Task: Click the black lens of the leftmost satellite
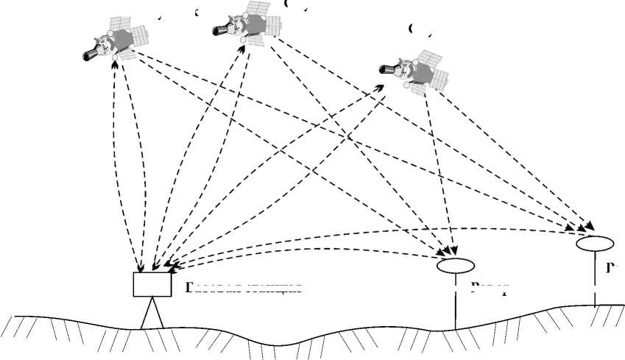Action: pyautogui.click(x=90, y=54)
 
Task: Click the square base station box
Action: pyautogui.click(x=152, y=283)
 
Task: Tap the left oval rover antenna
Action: pyautogui.click(x=455, y=266)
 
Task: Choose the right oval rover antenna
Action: pyautogui.click(x=594, y=243)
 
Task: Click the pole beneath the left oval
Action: pyautogui.click(x=456, y=302)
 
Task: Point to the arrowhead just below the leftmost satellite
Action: pyautogui.click(x=114, y=61)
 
